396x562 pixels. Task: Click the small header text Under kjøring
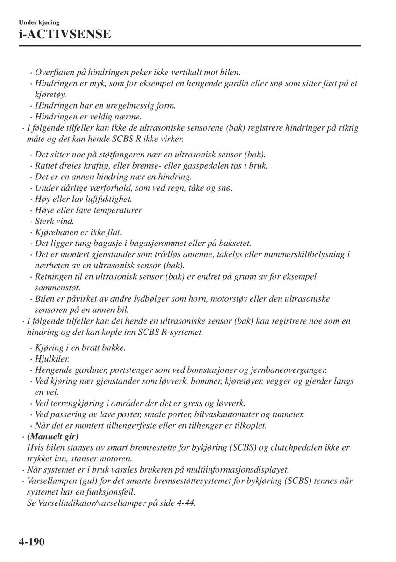(39, 22)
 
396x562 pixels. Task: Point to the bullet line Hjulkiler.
(52, 359)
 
